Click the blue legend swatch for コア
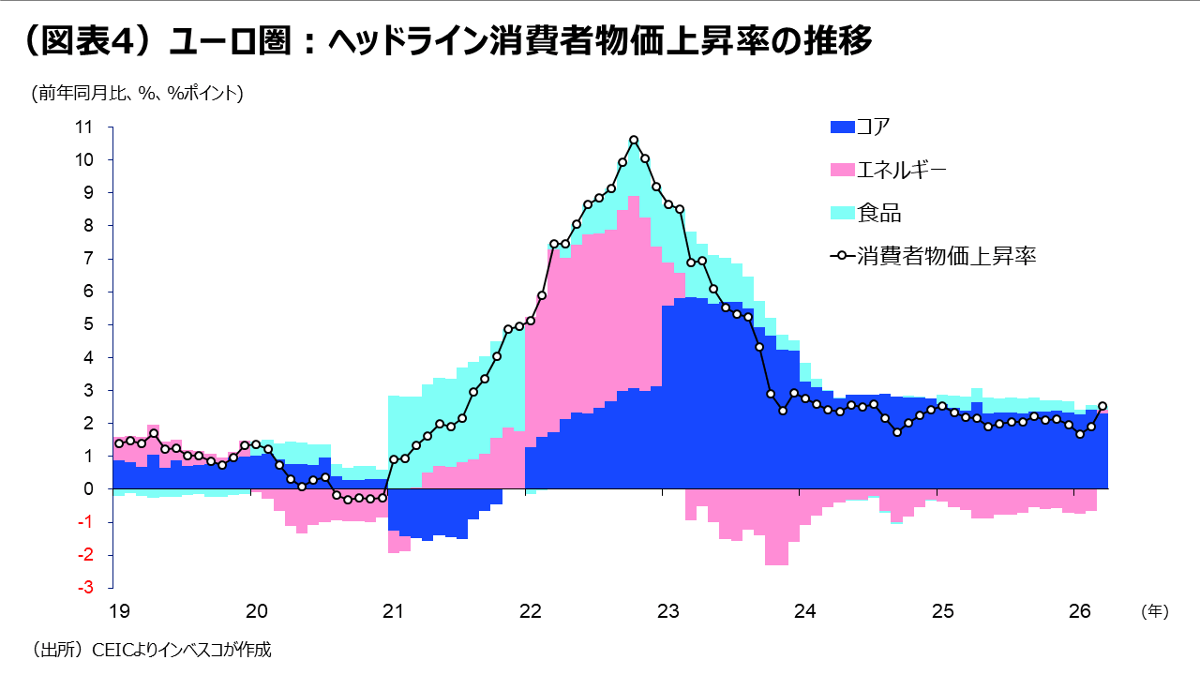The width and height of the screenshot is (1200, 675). tap(843, 127)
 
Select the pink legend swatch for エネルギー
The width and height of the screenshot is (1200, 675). tap(843, 170)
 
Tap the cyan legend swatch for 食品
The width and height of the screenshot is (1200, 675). tap(843, 213)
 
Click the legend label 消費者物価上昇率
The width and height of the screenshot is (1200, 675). tap(946, 256)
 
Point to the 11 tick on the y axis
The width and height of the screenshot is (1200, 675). tap(84, 127)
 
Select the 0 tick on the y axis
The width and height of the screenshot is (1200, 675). tap(89, 489)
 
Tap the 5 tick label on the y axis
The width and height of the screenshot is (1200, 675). tap(89, 324)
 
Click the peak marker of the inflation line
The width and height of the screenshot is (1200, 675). tap(634, 141)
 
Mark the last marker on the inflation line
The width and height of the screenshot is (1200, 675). tap(1102, 406)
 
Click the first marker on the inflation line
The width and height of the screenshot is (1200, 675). tap(118, 443)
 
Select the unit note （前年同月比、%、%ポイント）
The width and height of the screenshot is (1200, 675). tap(138, 93)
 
